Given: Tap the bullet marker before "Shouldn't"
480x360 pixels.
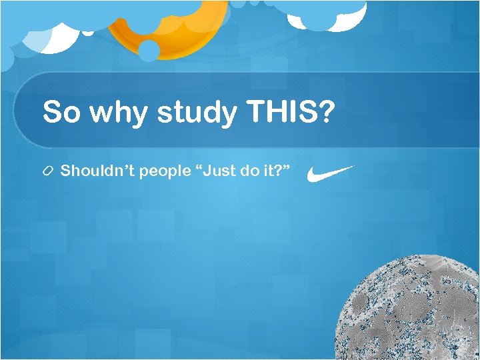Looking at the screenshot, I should (x=49, y=172).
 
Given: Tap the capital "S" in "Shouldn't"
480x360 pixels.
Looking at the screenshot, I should (x=65, y=171).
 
